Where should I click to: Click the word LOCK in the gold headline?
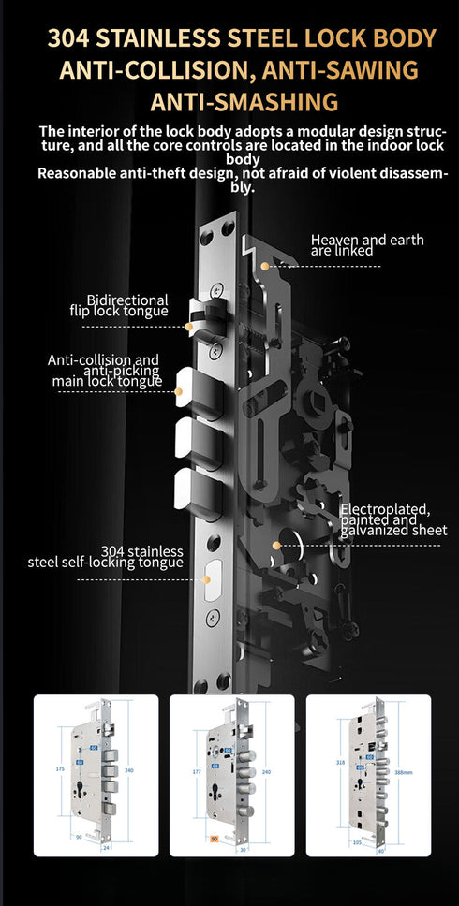click(x=342, y=38)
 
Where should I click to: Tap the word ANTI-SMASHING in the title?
click(x=229, y=101)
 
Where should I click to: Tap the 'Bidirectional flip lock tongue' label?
click(x=121, y=305)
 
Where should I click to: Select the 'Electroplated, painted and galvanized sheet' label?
click(x=385, y=519)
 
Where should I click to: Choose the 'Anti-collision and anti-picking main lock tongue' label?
click(x=106, y=370)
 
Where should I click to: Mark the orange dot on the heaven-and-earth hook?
click(x=265, y=267)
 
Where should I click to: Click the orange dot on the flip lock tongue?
click(x=190, y=327)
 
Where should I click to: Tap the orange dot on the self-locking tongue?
click(x=205, y=579)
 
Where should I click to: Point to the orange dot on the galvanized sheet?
click(x=276, y=545)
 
